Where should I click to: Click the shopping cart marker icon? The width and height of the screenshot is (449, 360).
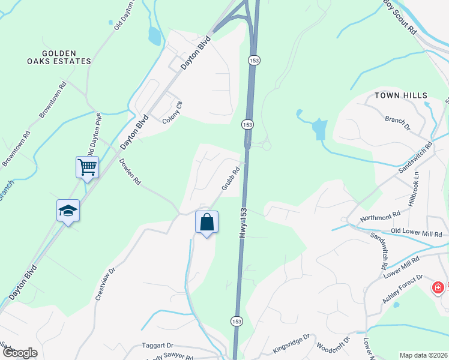coord(87,166)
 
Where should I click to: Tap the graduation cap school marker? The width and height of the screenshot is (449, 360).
coord(68,210)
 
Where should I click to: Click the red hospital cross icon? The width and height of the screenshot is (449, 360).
coord(438,288)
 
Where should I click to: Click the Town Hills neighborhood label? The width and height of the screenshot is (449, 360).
coord(401,95)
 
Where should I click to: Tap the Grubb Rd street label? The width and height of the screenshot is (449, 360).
coord(231,179)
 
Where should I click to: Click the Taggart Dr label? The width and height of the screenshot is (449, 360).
coord(157,346)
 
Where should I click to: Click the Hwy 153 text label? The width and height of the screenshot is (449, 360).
coord(243,222)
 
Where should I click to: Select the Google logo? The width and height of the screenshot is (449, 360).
coord(19,353)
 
